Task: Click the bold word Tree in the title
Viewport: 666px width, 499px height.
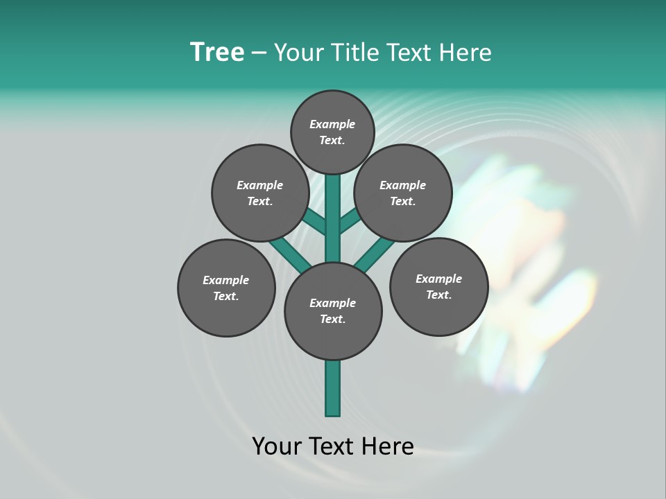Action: (217, 53)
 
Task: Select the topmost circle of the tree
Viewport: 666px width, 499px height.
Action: (332, 132)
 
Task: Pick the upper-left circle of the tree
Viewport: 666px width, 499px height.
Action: (259, 193)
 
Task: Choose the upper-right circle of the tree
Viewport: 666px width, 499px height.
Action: (403, 193)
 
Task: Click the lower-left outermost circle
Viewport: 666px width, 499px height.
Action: (226, 288)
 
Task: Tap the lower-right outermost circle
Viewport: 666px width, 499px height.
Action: (438, 286)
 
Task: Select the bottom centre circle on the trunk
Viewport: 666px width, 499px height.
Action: (333, 310)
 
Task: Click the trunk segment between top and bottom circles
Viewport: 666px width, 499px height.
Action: (333, 218)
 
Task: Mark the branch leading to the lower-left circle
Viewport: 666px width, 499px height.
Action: (290, 252)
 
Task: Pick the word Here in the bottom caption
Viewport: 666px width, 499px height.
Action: (390, 446)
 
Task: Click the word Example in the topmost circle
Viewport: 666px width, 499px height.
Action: (332, 124)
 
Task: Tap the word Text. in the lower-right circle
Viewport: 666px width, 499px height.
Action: (438, 295)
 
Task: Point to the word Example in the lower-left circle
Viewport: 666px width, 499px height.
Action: (225, 280)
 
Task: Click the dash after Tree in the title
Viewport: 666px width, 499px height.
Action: (259, 53)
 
